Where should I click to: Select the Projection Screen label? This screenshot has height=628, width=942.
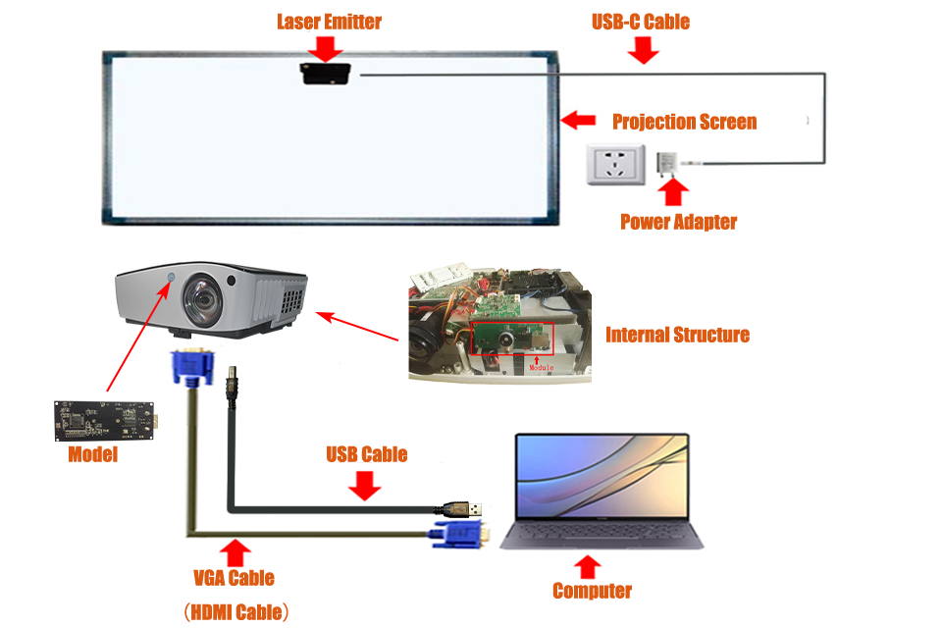684,122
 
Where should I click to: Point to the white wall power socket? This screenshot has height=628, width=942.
613,163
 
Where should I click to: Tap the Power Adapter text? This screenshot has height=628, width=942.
678,222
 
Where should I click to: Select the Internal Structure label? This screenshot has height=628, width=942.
677,335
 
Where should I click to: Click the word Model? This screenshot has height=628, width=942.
93,454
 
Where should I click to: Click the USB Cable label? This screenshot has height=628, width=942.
366,454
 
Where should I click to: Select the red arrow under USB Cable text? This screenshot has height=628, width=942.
365,484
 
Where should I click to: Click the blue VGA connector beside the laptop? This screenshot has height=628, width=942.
456,536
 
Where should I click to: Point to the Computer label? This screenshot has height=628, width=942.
592,591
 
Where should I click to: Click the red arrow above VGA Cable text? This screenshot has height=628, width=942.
235,550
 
